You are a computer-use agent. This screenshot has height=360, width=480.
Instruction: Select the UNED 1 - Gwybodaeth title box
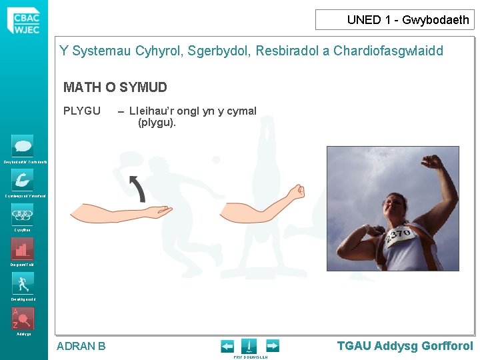tap(395, 20)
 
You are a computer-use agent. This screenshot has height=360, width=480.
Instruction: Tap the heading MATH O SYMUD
tap(115, 87)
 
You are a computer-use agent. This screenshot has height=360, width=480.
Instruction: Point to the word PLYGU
tap(81, 111)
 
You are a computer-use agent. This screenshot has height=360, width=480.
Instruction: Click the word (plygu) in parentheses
tap(157, 123)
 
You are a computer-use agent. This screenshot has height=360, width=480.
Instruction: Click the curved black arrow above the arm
tap(137, 188)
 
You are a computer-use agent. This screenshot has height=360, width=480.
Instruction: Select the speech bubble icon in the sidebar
tap(23, 146)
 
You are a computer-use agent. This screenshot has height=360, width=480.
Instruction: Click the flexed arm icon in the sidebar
tap(23, 180)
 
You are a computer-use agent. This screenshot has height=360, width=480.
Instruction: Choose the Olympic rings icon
tap(23, 215)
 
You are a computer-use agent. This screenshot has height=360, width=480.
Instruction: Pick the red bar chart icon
tap(23, 249)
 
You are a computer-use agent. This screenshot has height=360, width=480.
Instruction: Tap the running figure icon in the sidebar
tap(23, 284)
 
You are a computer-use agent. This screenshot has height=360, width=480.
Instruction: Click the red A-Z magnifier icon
tap(23, 319)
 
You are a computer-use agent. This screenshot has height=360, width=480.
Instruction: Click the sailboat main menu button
tap(249, 346)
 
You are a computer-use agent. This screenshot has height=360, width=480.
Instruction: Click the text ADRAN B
tap(81, 346)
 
